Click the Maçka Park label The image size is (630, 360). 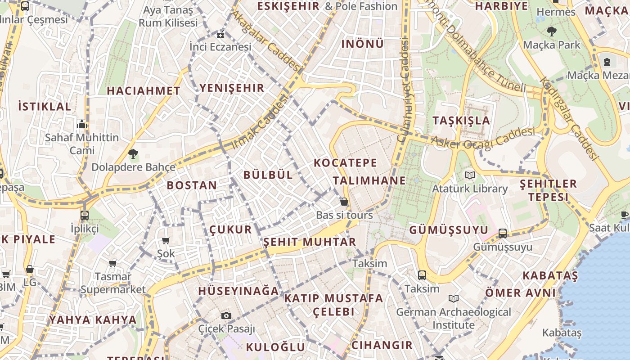(552, 45)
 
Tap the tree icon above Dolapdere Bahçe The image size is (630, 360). (133, 154)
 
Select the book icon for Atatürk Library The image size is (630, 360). (470, 175)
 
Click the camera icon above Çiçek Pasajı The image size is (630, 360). (226, 315)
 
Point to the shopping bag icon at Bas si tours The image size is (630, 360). (344, 202)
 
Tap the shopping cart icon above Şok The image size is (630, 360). (166, 241)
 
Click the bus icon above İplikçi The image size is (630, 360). (84, 216)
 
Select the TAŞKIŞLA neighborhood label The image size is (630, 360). (461, 121)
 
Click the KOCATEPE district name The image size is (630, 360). (345, 163)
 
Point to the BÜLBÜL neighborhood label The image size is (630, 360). (268, 175)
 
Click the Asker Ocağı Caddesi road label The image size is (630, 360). (483, 137)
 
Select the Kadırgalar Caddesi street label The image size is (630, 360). (569, 119)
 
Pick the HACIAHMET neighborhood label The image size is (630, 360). (144, 91)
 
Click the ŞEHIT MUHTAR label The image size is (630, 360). (309, 242)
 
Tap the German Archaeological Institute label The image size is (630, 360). (454, 318)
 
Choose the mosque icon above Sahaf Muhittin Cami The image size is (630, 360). (82, 124)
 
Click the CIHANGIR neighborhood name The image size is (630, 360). (382, 345)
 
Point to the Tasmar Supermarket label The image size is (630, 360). (113, 283)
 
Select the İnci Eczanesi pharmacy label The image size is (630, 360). (220, 47)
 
